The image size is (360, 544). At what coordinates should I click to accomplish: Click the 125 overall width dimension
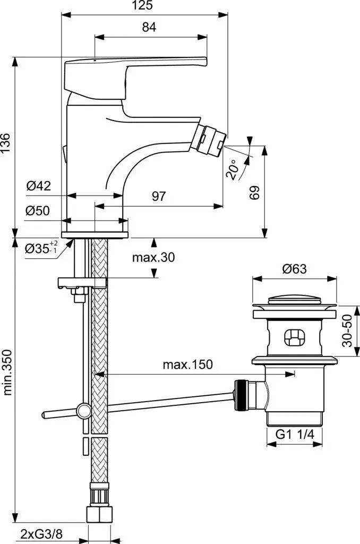coord(144,6)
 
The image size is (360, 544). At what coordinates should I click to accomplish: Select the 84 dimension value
coord(149,29)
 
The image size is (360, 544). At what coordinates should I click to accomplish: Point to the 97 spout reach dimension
coord(159,196)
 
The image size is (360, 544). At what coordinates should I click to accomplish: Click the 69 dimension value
coord(255,192)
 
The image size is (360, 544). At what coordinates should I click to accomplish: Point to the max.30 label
coord(153,258)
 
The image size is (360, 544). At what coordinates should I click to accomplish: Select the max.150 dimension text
coord(187,364)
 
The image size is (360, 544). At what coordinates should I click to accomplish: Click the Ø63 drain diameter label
coord(294,269)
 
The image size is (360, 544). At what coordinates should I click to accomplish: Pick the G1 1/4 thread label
coord(295,435)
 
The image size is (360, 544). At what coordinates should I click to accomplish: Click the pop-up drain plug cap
coord(294,304)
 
